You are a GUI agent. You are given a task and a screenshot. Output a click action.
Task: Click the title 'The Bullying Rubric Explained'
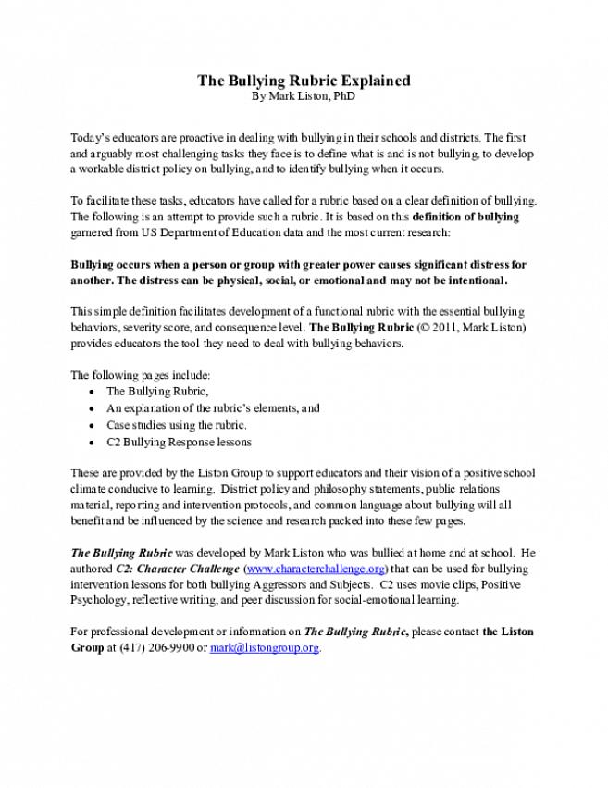click(x=304, y=81)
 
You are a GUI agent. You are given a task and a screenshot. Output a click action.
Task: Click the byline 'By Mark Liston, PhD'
click(x=304, y=95)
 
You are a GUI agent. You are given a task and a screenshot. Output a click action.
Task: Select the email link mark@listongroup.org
click(x=265, y=647)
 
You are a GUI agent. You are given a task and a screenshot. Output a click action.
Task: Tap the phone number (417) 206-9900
click(x=149, y=647)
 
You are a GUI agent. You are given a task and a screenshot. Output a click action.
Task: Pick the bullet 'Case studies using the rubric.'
click(x=176, y=425)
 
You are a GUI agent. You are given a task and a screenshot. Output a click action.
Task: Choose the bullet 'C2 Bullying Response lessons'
click(x=178, y=442)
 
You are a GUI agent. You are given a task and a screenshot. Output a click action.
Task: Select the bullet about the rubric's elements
click(x=213, y=408)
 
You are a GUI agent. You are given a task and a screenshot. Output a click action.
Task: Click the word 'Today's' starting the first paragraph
click(x=91, y=137)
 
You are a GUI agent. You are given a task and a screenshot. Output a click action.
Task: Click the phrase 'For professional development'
click(x=139, y=632)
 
